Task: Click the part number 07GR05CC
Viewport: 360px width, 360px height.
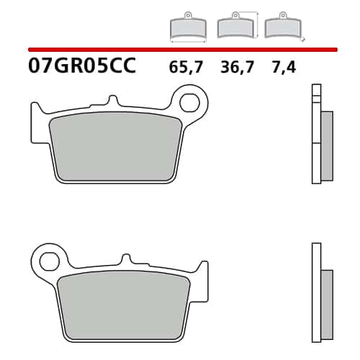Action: pos(82,66)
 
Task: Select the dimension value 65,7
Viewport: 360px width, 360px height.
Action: pos(186,67)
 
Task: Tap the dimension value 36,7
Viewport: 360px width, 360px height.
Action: pos(237,67)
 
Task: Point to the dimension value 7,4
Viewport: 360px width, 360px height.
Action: pos(284,67)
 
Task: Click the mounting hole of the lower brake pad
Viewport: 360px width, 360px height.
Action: pos(50,261)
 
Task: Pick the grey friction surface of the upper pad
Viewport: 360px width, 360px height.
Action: pos(115,147)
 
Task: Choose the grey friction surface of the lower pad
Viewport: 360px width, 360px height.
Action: pos(124,305)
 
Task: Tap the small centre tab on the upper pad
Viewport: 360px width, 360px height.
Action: pos(113,101)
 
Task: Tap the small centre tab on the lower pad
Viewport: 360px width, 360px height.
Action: pos(126,259)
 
